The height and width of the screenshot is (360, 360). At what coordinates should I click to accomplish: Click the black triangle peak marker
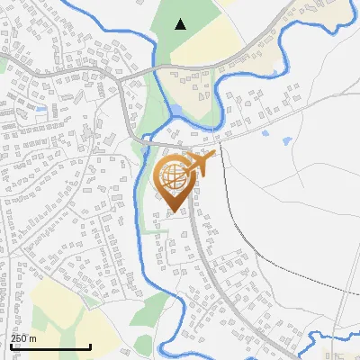click(x=181, y=24)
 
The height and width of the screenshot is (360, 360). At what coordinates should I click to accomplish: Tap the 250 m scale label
click(x=24, y=338)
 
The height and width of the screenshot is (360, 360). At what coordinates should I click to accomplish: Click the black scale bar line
click(x=50, y=346)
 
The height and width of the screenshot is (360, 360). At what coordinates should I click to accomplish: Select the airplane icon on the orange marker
click(x=202, y=165)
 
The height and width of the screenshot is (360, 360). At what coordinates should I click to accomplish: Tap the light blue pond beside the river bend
click(x=176, y=111)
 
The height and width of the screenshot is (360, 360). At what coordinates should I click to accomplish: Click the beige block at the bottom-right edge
click(x=340, y=351)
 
